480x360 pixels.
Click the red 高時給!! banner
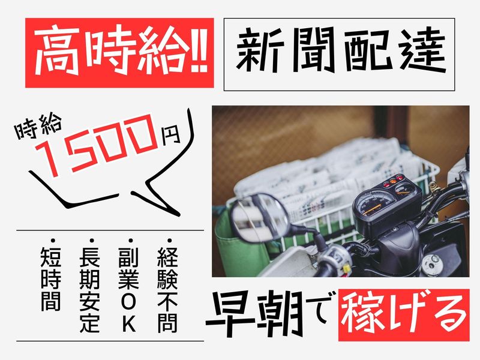[119, 53]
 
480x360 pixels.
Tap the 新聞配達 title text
[340, 50]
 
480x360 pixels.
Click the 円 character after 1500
[171, 134]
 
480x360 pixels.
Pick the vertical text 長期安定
[89, 290]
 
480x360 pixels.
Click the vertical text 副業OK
[128, 290]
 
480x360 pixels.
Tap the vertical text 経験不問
[167, 290]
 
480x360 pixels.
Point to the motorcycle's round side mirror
[260, 217]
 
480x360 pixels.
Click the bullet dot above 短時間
[53, 241]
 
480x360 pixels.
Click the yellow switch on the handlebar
[346, 269]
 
